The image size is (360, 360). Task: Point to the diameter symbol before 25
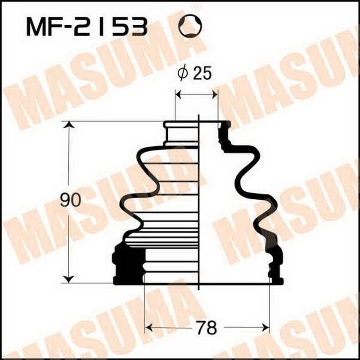click(182, 74)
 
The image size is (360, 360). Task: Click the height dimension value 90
click(70, 200)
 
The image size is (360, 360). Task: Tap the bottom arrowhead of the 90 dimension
click(68, 279)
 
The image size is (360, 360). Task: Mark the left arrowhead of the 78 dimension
click(148, 327)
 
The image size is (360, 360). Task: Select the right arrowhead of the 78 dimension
click(266, 327)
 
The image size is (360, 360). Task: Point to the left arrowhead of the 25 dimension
click(178, 94)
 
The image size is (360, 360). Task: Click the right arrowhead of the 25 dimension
click(215, 94)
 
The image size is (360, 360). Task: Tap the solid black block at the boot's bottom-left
click(128, 265)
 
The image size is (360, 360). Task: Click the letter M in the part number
click(36, 27)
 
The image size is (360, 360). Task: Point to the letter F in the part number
click(57, 27)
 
